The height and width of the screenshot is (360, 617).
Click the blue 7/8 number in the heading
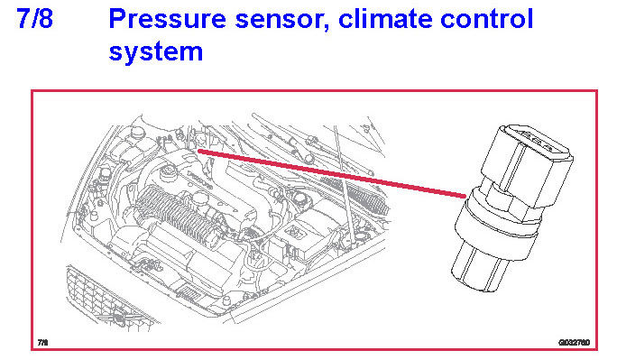point(34,18)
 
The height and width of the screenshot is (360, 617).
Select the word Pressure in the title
point(167,18)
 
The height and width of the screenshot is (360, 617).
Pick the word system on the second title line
point(156,52)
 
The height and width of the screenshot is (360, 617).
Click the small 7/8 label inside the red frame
point(42,342)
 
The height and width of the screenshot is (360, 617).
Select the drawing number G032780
point(574,342)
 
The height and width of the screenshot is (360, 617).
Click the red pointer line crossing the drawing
point(332,173)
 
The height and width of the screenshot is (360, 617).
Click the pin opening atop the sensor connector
point(536,139)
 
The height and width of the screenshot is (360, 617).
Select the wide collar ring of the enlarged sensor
point(497,224)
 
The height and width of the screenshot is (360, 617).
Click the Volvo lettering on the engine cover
point(200,180)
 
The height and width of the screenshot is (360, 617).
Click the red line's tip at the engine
point(198,150)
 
